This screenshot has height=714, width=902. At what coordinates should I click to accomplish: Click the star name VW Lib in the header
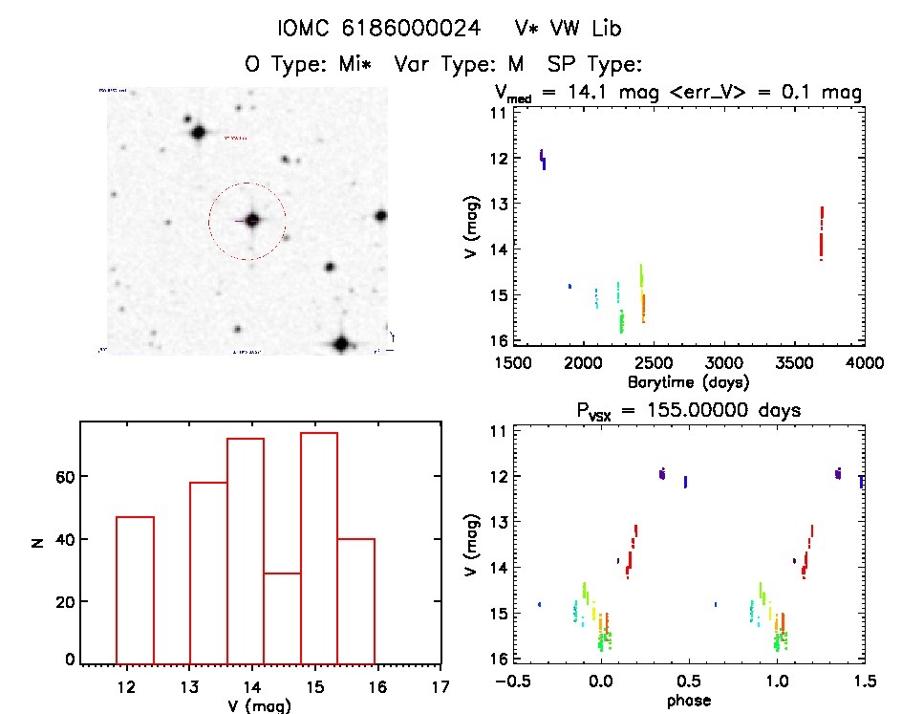click(x=567, y=29)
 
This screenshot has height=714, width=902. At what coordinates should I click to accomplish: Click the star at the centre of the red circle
click(x=252, y=220)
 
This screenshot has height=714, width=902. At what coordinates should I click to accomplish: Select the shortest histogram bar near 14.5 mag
click(x=282, y=617)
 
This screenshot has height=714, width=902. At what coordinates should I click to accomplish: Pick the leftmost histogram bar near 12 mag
click(x=135, y=589)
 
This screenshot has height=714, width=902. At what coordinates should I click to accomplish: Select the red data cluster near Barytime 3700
click(x=821, y=233)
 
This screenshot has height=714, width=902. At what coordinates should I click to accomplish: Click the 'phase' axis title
click(x=688, y=701)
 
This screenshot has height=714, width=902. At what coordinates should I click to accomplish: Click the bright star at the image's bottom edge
click(x=341, y=343)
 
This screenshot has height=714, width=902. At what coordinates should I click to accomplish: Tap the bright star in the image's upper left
click(x=199, y=132)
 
